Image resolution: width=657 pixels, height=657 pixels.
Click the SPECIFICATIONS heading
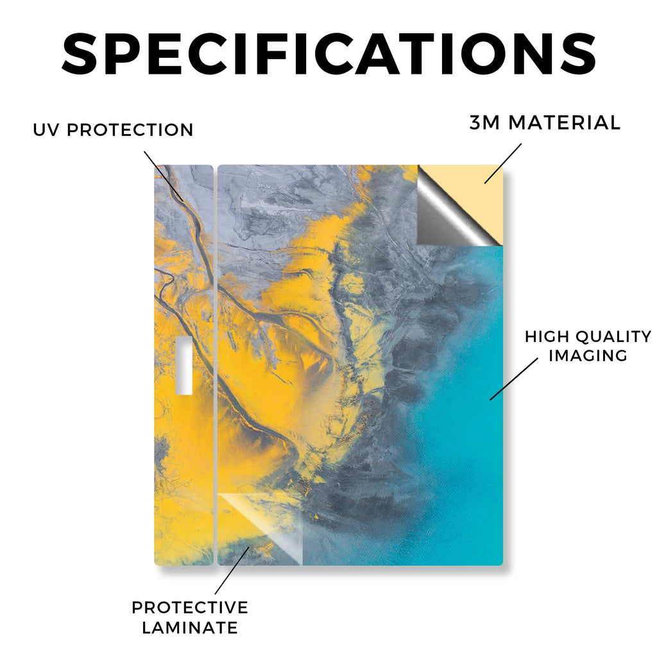tap(329, 54)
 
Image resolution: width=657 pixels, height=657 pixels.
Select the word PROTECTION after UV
tap(130, 130)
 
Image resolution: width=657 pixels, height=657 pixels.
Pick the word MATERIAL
tap(565, 123)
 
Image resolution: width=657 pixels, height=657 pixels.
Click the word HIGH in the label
tap(547, 336)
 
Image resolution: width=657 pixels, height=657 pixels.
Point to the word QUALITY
tap(613, 336)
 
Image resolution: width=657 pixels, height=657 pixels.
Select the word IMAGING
tap(588, 355)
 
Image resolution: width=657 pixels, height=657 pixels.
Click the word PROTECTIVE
tap(190, 608)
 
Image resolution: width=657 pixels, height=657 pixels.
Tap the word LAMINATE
tap(190, 627)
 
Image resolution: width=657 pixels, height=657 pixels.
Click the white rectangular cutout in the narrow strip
tap(183, 365)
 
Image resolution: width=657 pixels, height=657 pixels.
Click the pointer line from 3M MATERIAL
tap(503, 164)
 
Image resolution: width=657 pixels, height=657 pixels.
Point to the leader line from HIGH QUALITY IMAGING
tap(514, 379)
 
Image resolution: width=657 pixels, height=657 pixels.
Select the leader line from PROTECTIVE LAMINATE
tap(232, 570)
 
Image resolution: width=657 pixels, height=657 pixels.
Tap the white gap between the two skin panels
tap(216, 365)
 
